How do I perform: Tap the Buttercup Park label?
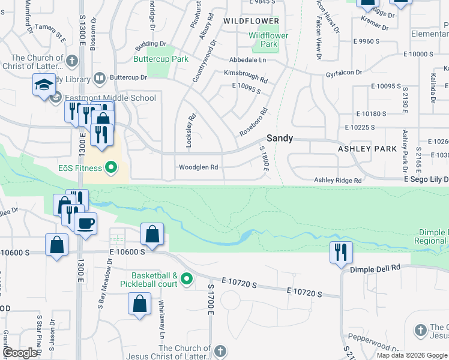(161, 59)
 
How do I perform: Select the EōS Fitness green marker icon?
(111, 167)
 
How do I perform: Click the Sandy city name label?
(280, 138)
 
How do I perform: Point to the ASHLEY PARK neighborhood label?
(367, 148)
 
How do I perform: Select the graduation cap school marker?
(44, 86)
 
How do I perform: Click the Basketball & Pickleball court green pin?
(187, 278)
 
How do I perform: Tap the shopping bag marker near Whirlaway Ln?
(139, 304)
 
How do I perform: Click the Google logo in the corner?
(20, 352)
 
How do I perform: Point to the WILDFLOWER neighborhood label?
(252, 20)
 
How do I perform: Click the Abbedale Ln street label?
(247, 61)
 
